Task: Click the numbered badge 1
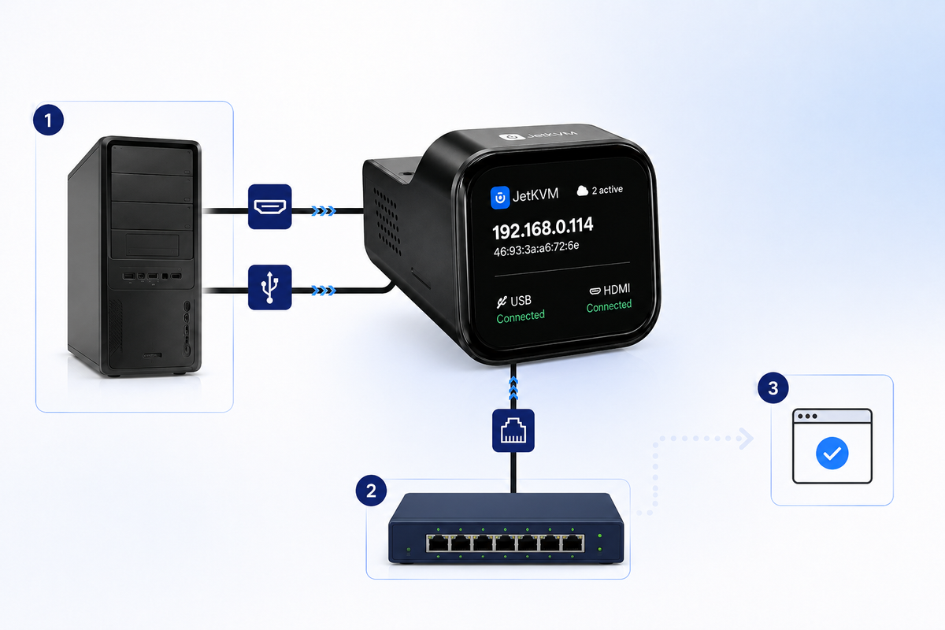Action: [x=49, y=120]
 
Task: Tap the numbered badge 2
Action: [x=371, y=491]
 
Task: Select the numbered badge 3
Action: [x=773, y=387]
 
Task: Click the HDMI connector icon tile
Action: [x=269, y=206]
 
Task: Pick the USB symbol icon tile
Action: [x=269, y=287]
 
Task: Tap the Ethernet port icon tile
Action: [x=513, y=431]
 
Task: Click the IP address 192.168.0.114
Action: [x=543, y=228]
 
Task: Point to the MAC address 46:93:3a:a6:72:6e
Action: [x=536, y=249]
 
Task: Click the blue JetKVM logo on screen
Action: [x=500, y=198]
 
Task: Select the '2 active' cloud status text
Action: [x=607, y=190]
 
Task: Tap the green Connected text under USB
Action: [x=521, y=316]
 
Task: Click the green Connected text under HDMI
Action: [x=609, y=306]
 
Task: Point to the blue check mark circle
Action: [x=832, y=453]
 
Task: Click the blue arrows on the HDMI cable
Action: [x=324, y=210]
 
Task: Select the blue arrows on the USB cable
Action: [x=324, y=291]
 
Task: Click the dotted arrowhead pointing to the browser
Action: [x=747, y=439]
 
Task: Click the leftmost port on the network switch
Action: [x=438, y=543]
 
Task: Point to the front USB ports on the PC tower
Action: [x=152, y=276]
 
